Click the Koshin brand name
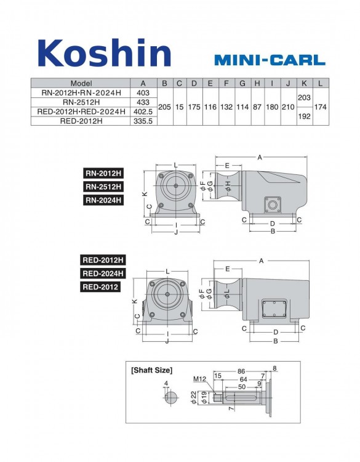click(x=105, y=53)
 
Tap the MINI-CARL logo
click(x=270, y=60)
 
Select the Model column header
click(x=81, y=83)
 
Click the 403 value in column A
click(x=143, y=93)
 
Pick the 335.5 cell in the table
click(x=143, y=121)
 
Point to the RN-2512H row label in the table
click(x=81, y=102)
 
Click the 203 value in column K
click(x=304, y=97)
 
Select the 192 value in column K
click(x=304, y=116)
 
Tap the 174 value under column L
click(x=320, y=107)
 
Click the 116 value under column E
click(x=210, y=107)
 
